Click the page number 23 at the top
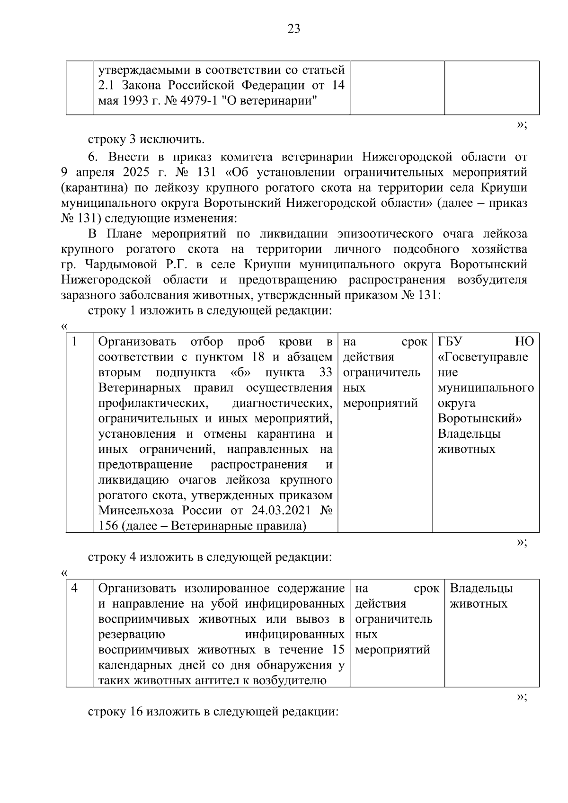[x=293, y=29]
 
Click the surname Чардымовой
[x=124, y=265]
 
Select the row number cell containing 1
[x=75, y=342]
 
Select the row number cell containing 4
[x=75, y=588]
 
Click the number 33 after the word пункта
[x=326, y=372]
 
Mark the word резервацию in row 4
[x=132, y=635]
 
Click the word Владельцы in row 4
[x=481, y=588]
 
